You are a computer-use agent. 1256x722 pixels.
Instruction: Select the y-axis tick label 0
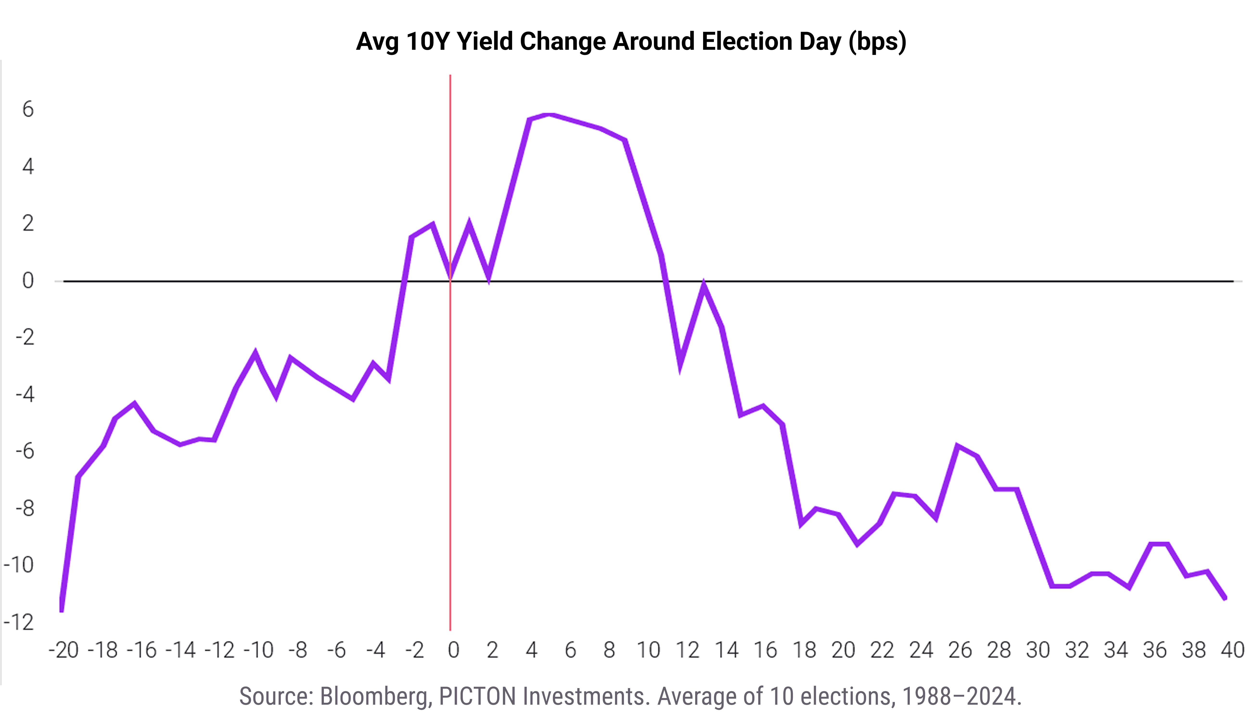28,281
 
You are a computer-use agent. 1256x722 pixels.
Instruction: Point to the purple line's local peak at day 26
957,445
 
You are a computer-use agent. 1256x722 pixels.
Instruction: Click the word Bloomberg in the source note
375,696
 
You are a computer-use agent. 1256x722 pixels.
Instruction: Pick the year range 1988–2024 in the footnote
961,696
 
